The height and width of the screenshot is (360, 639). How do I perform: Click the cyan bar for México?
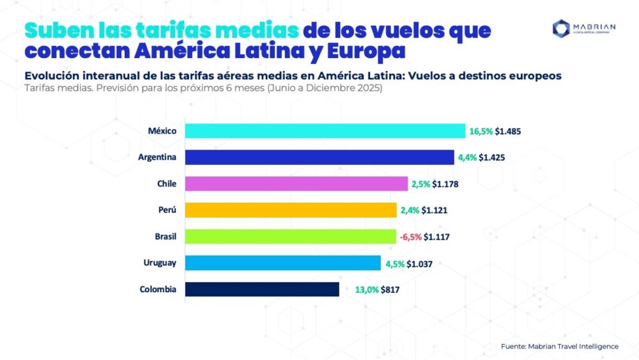pyautogui.click(x=325, y=130)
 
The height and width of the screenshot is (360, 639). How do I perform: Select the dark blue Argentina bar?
pyautogui.click(x=319, y=157)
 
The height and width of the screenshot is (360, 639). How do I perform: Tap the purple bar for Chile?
pyautogui.click(x=296, y=184)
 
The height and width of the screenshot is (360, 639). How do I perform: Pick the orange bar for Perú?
pyautogui.click(x=291, y=210)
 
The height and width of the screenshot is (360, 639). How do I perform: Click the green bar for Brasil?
pyautogui.click(x=291, y=237)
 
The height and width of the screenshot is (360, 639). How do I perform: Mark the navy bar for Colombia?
pyautogui.click(x=262, y=289)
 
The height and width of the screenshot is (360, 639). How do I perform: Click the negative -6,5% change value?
pyautogui.click(x=410, y=237)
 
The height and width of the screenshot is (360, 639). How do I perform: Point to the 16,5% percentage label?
pyautogui.click(x=481, y=131)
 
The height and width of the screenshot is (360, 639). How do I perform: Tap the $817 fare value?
pyautogui.click(x=391, y=290)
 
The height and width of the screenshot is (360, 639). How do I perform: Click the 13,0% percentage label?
pyautogui.click(x=367, y=290)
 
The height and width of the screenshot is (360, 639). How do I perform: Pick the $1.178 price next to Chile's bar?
pyautogui.click(x=445, y=184)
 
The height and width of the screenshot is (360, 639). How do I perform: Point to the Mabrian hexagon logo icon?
pyautogui.click(x=562, y=27)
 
